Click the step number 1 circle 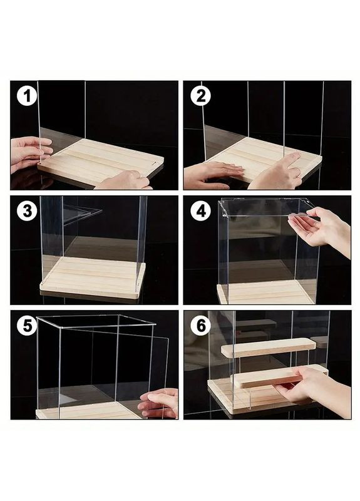coord(27,96)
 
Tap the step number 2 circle coord(200,96)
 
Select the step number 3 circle coord(27,210)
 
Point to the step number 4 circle coord(200,210)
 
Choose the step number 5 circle coord(27,326)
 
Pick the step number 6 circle coord(200,326)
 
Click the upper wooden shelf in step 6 coord(269,348)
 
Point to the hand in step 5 coord(159,403)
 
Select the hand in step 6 coord(315,390)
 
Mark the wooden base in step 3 coord(93,277)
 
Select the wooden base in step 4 coord(265,292)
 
